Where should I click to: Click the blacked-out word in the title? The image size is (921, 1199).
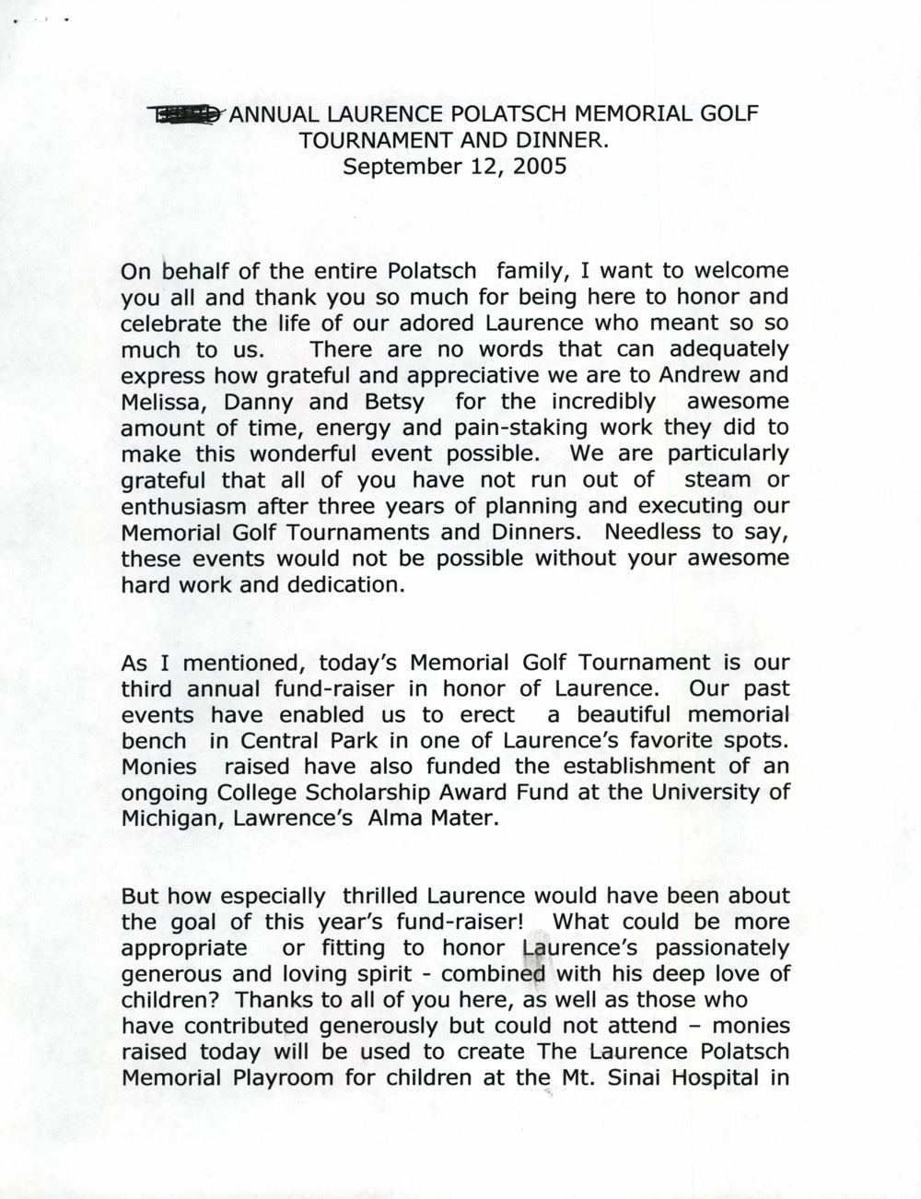pyautogui.click(x=186, y=114)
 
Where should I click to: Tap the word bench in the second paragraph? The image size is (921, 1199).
pyautogui.click(x=154, y=740)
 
